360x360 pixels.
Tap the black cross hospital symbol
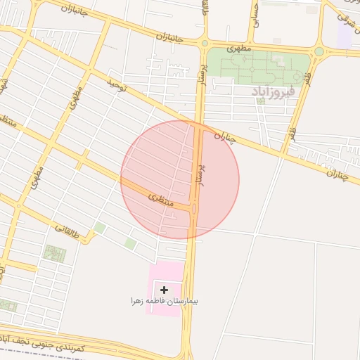pyautogui.click(x=164, y=290)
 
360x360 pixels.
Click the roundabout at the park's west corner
pyautogui.click(x=205, y=43)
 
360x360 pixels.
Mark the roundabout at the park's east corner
pyautogui.click(x=319, y=51)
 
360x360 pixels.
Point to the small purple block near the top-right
pyautogui.click(x=344, y=35)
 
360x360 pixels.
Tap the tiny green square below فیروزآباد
pyautogui.click(x=261, y=101)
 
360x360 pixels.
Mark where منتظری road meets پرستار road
pyautogui.click(x=195, y=207)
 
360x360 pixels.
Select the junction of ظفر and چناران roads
pyautogui.click(x=285, y=152)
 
